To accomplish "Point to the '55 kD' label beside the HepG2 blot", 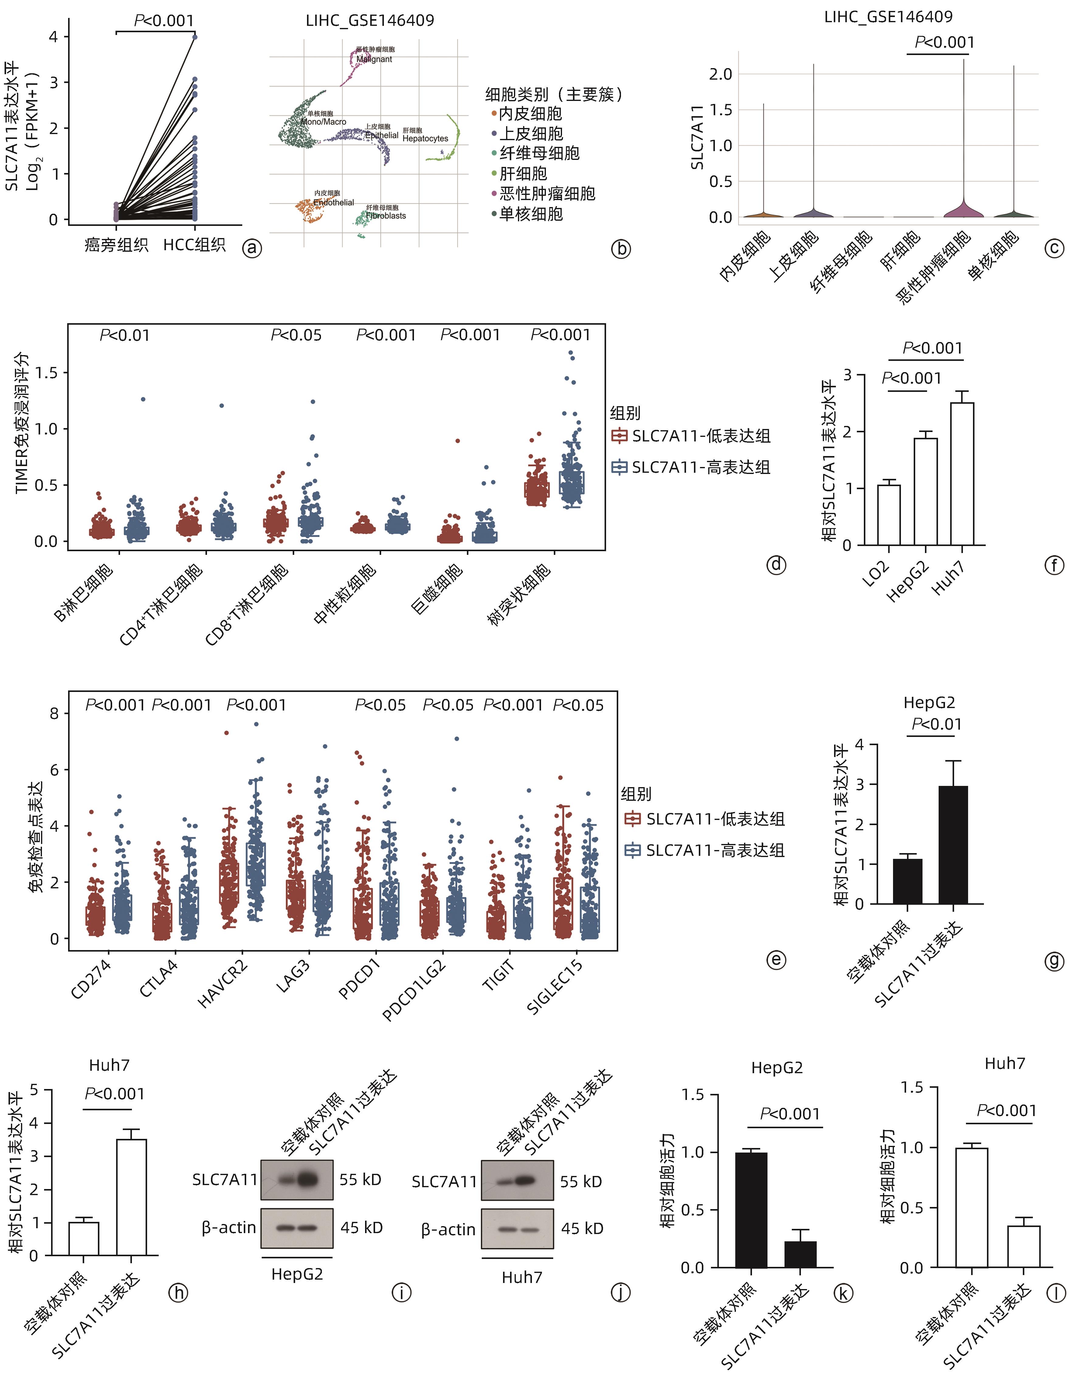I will [x=360, y=1179].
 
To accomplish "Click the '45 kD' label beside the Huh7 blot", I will [x=582, y=1229].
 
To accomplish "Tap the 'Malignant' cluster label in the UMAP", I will [x=374, y=59].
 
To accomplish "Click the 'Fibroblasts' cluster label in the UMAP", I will [x=386, y=216].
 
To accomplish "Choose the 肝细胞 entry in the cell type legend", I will [x=523, y=173].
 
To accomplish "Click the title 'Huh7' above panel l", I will [x=1005, y=1063].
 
